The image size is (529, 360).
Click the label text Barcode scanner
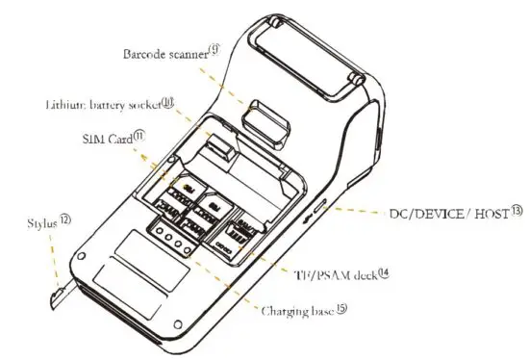coord(163,56)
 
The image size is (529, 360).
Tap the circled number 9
coord(214,52)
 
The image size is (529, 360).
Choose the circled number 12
coord(65,220)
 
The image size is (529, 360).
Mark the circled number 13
coord(516,210)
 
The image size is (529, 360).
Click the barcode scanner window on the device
coord(265,119)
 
